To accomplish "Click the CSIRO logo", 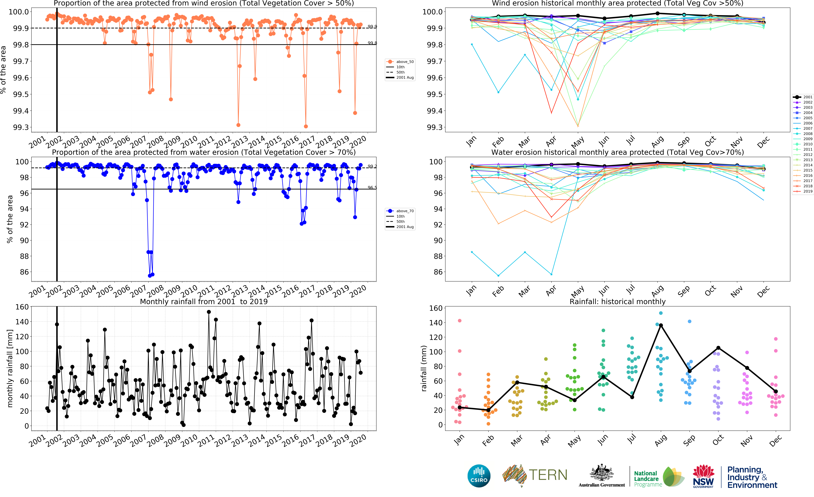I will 479,476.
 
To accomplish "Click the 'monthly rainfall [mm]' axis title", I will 10,368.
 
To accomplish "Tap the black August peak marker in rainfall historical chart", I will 661,325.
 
